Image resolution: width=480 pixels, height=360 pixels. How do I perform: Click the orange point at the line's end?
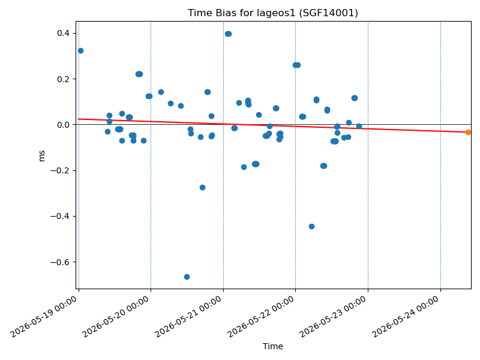click(x=468, y=132)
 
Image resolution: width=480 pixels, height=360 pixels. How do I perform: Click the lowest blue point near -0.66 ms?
click(x=187, y=277)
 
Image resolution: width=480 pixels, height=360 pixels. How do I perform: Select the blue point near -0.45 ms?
click(x=311, y=227)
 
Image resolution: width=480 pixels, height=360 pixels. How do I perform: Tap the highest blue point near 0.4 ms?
click(x=228, y=34)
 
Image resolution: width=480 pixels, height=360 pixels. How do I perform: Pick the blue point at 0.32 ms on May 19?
click(x=80, y=50)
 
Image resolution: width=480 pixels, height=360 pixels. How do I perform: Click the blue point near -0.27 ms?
click(x=202, y=187)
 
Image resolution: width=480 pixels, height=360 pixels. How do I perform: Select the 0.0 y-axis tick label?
click(x=63, y=125)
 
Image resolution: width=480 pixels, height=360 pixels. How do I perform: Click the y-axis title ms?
click(x=42, y=156)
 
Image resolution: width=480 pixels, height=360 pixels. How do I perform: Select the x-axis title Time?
click(x=273, y=346)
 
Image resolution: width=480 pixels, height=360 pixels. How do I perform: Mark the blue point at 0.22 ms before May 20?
click(x=139, y=74)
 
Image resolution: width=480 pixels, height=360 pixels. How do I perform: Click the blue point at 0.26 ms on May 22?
click(x=296, y=65)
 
